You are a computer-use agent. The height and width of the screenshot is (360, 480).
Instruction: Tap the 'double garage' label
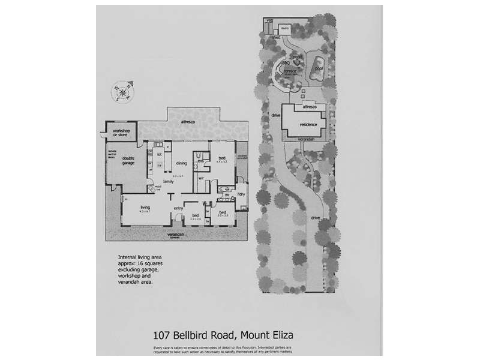pyautogui.click(x=128, y=160)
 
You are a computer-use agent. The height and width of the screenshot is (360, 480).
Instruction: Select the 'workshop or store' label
pyautogui.click(x=120, y=134)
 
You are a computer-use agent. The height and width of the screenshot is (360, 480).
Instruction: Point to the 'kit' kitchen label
pyautogui.click(x=159, y=154)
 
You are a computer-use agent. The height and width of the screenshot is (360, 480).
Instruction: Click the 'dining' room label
pyautogui.click(x=182, y=163)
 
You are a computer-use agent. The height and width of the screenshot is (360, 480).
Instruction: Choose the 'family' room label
pyautogui.click(x=169, y=181)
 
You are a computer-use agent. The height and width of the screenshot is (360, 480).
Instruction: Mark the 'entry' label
pyautogui.click(x=178, y=208)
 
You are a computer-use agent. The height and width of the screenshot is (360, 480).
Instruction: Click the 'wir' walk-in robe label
pyautogui.click(x=202, y=178)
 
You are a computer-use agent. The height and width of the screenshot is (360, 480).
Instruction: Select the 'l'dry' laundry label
pyautogui.click(x=241, y=195)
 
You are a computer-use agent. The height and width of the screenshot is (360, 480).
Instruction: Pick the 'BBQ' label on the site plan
pyautogui.click(x=286, y=62)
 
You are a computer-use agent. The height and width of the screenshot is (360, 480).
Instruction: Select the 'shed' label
pyautogui.click(x=276, y=37)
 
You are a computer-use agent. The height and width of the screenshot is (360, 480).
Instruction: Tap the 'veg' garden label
pyautogui.click(x=269, y=21)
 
